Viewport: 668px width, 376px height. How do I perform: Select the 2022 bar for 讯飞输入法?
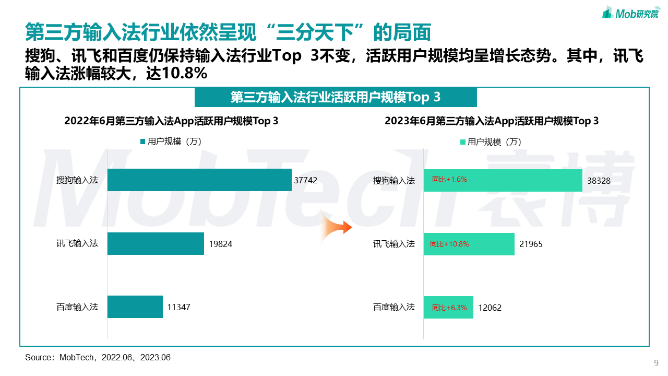pyautogui.click(x=156, y=243)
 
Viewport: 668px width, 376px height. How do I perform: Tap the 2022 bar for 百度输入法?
pyautogui.click(x=135, y=307)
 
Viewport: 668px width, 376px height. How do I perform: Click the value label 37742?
pyautogui.click(x=305, y=180)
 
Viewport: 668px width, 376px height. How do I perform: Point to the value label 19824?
pyautogui.click(x=221, y=244)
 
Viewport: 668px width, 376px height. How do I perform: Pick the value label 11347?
pyautogui.click(x=179, y=307)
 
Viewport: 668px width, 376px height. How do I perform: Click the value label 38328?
pyautogui.click(x=599, y=181)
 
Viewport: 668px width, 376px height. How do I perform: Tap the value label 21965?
pyautogui.click(x=531, y=244)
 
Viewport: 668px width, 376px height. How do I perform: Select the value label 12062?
pyautogui.click(x=490, y=308)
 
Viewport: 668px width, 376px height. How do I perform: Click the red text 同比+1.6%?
pyautogui.click(x=449, y=179)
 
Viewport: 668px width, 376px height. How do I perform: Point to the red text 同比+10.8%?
pyautogui.click(x=449, y=244)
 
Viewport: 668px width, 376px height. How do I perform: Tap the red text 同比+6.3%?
pyautogui.click(x=449, y=308)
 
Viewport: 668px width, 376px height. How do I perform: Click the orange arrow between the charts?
pyautogui.click(x=336, y=228)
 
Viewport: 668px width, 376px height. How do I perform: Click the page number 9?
pyautogui.click(x=656, y=363)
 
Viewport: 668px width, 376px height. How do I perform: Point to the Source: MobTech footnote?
pyautogui.click(x=98, y=358)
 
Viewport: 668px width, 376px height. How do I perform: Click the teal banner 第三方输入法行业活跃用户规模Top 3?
pyautogui.click(x=336, y=97)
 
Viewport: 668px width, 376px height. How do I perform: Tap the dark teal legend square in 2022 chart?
pyautogui.click(x=142, y=142)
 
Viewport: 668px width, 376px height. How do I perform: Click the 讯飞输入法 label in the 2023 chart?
pyautogui.click(x=394, y=244)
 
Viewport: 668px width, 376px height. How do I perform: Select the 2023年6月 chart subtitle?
pyautogui.click(x=492, y=121)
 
